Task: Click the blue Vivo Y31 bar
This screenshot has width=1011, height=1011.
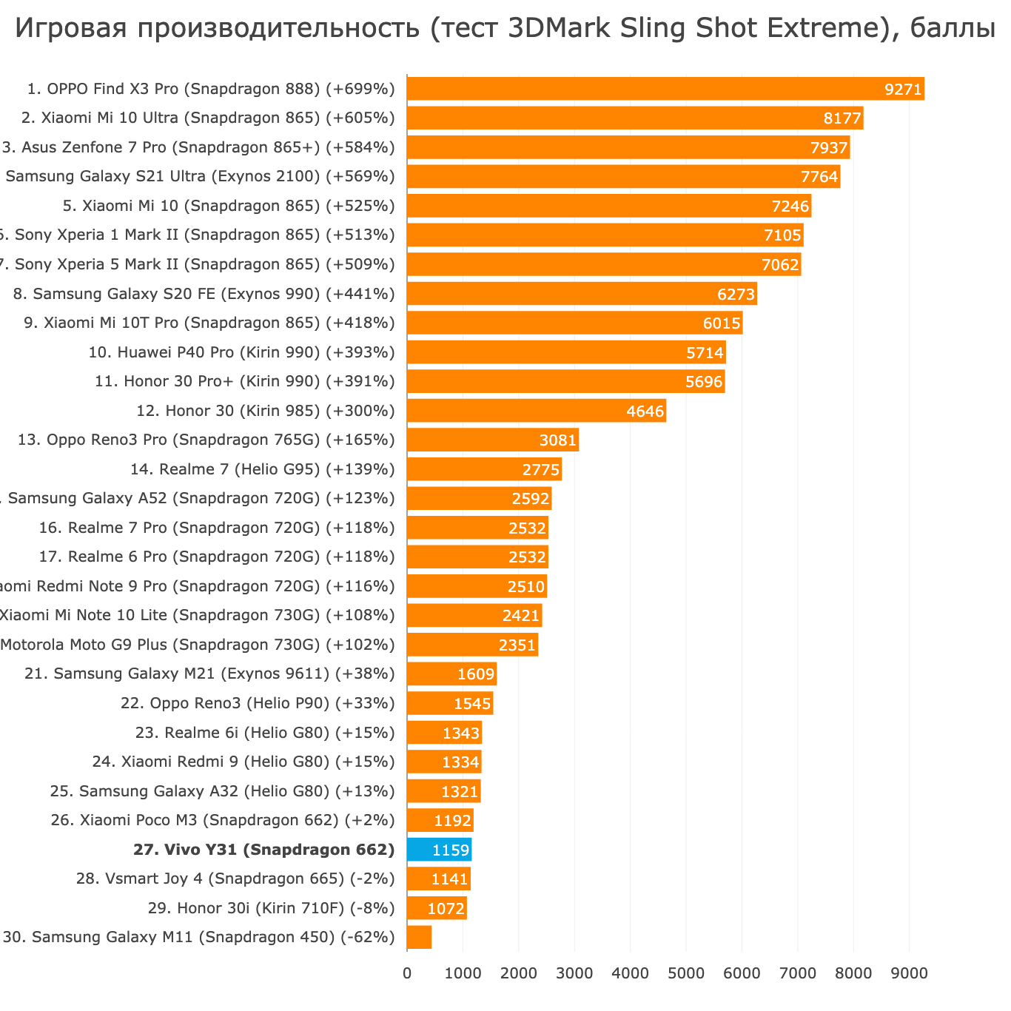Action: point(439,850)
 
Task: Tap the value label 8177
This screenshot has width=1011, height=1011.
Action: point(842,118)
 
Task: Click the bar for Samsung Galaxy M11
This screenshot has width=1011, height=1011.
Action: point(419,937)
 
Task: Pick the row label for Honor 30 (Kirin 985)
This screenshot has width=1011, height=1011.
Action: point(266,411)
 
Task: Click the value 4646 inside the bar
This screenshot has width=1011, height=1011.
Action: point(645,412)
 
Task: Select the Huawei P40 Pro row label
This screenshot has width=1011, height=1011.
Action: point(241,352)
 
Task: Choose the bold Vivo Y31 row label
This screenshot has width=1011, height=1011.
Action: point(263,850)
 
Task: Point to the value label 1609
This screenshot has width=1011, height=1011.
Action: point(475,674)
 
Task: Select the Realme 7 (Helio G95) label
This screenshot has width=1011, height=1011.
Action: point(262,469)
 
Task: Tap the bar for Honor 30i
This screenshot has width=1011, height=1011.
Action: point(437,908)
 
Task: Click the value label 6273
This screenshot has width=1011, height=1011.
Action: point(736,295)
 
